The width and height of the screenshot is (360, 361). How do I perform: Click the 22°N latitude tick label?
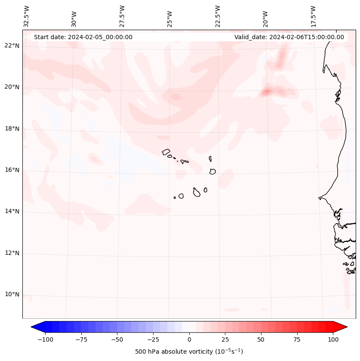[12, 46]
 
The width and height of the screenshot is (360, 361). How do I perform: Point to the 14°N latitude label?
[12, 212]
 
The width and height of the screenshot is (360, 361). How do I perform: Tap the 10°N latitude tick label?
[12, 295]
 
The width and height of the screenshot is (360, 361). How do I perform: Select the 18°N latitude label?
[12, 129]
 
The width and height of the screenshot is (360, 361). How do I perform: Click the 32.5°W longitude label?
[27, 16]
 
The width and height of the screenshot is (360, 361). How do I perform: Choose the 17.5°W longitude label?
[313, 16]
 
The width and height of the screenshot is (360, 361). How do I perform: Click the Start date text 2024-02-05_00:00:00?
[83, 37]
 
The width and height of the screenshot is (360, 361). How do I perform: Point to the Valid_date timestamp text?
[289, 37]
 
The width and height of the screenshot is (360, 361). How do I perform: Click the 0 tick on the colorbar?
[189, 339]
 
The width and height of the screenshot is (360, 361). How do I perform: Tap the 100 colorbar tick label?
[333, 339]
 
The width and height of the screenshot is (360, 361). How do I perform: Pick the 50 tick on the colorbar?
[261, 339]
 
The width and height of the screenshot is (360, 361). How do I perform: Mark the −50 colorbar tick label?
[117, 339]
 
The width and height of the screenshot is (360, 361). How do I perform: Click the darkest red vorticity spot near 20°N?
[266, 91]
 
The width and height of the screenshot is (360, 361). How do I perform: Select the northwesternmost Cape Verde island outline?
[166, 152]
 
